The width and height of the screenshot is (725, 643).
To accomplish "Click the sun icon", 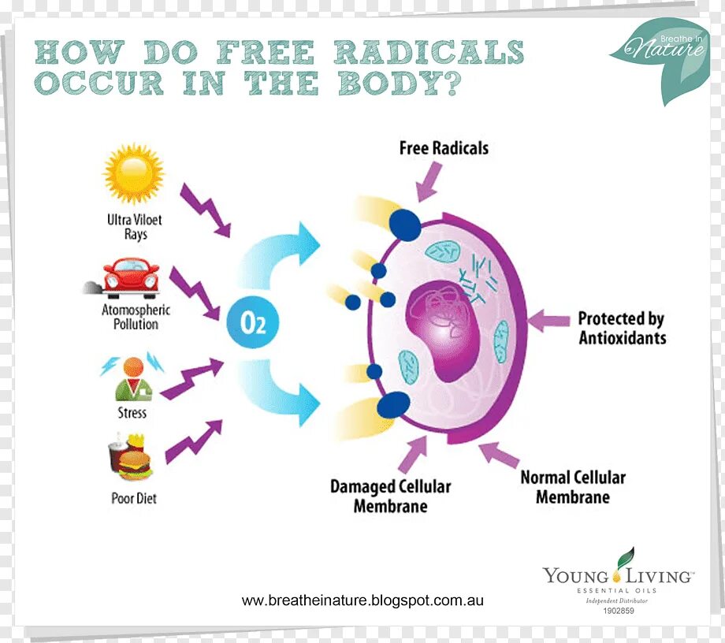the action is click(133, 174).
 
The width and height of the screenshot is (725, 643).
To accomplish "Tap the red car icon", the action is click(131, 277).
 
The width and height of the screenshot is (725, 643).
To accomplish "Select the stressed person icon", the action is click(132, 377).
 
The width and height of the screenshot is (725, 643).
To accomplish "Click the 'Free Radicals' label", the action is click(444, 148).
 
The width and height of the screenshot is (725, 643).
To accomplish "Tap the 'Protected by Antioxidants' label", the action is click(622, 329).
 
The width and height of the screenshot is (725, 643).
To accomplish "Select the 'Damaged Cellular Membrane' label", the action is click(390, 496).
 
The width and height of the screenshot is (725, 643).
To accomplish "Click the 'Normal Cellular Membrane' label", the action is click(573, 487).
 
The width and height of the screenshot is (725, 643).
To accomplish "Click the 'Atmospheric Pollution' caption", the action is click(136, 317).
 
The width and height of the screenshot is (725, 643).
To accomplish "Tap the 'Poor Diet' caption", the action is click(134, 498).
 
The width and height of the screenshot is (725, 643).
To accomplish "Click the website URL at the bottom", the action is click(362, 600).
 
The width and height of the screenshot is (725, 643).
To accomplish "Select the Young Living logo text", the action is click(618, 576).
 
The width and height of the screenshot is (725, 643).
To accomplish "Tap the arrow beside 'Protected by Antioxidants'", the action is click(548, 320).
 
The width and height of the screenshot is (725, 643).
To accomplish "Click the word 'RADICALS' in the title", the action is click(429, 53).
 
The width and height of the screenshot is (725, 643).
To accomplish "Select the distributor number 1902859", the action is click(619, 611).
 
